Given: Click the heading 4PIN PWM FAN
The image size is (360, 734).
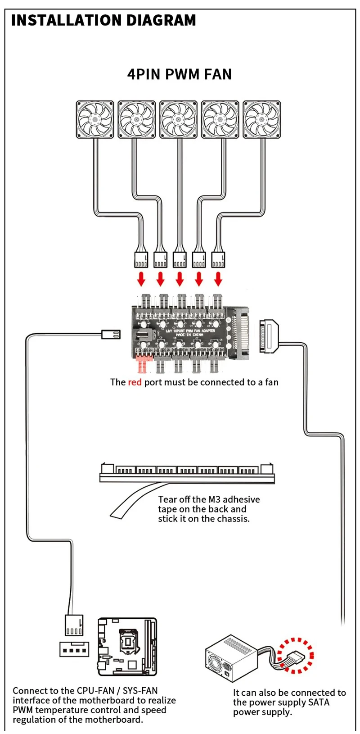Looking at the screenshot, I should [179, 74].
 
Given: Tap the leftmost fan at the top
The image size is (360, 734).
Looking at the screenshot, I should [95, 119].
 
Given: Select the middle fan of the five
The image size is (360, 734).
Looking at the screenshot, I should [179, 119].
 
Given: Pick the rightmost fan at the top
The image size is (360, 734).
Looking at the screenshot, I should [262, 119].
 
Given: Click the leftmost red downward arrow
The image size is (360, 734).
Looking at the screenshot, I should [141, 279].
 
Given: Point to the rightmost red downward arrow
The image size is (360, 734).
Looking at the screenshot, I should [218, 279].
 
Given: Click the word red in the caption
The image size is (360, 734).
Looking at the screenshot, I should [135, 382].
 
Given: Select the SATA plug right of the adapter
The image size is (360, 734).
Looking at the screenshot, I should [268, 336].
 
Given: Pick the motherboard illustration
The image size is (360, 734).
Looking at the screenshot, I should [127, 647].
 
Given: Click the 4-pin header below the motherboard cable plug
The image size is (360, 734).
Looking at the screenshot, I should [74, 650].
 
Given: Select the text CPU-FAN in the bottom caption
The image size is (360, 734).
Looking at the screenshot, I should [95, 691].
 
